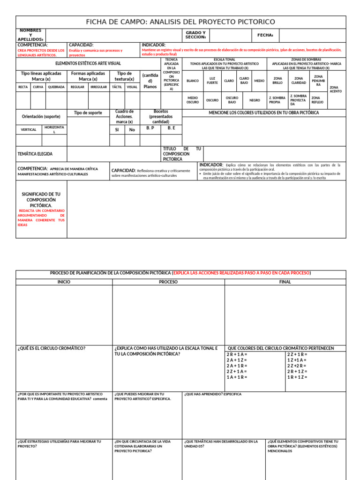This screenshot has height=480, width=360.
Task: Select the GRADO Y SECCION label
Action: tap(195, 35)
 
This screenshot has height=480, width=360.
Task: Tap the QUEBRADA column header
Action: tap(56, 87)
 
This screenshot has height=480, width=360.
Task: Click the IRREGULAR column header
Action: tap(99, 87)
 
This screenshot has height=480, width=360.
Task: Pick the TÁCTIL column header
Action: tap(117, 87)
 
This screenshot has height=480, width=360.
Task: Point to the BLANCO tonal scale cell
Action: tap(193, 81)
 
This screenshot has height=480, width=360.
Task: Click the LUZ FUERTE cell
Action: tap(212, 81)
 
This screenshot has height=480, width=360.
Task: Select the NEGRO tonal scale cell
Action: tap(255, 100)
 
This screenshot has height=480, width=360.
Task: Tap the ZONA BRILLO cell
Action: tap(277, 81)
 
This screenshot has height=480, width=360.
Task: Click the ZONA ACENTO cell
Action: tap(336, 89)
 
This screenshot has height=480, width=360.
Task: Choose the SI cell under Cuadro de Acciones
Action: tap(117, 130)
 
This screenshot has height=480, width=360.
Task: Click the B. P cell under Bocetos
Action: tap(150, 127)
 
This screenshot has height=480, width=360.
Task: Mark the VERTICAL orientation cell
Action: tap(29, 129)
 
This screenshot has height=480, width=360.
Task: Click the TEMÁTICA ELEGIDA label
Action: tap(35, 154)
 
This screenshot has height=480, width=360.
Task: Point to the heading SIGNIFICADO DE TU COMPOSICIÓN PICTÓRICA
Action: tap(41, 200)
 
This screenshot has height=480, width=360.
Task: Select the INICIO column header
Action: tap(64, 282)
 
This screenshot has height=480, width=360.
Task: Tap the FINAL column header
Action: tap(285, 282)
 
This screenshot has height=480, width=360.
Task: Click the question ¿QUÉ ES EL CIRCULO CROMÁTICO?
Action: tap(52, 348)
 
